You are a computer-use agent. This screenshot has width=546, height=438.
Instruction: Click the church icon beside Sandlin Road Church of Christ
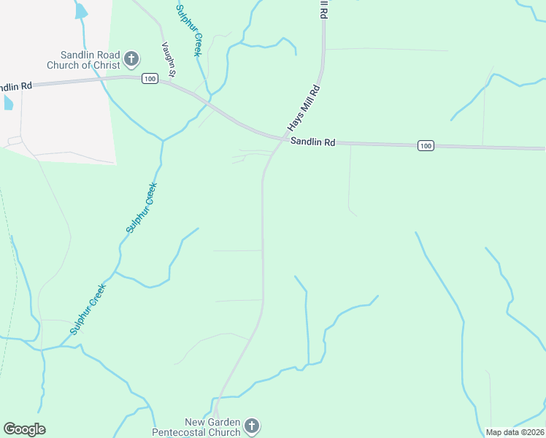click(131, 58)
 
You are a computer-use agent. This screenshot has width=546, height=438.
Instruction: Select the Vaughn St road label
click(169, 58)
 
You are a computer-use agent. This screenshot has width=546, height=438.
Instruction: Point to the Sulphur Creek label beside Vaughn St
click(188, 30)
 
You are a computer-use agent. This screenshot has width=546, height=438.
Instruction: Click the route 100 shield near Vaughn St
click(150, 79)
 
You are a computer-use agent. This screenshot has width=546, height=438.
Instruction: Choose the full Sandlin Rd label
click(312, 143)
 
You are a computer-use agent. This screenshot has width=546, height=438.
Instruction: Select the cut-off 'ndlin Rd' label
click(15, 86)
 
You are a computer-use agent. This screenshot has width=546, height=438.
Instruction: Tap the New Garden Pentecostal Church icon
click(251, 425)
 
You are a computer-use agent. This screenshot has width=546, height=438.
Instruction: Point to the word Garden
click(223, 423)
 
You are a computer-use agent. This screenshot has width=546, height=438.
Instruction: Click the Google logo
click(24, 429)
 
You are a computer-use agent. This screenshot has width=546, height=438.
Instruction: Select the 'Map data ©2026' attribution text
click(515, 432)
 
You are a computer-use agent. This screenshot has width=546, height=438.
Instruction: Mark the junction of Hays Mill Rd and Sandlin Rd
click(283, 138)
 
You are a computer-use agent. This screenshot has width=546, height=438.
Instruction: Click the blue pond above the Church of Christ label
click(80, 10)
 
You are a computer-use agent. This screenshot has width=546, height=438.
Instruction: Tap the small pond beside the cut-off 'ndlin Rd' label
click(8, 101)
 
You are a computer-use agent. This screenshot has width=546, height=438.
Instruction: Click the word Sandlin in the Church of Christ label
click(77, 55)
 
